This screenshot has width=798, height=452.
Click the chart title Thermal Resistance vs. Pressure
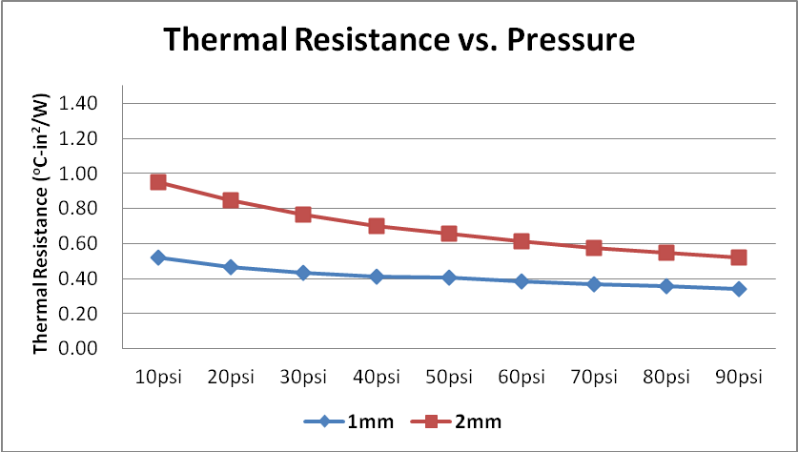[x=398, y=40]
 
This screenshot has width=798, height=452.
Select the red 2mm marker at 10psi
[x=158, y=182]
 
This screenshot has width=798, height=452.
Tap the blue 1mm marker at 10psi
[x=158, y=257]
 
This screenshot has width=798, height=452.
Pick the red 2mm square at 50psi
[x=448, y=234]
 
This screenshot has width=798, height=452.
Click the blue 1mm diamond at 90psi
[x=739, y=289]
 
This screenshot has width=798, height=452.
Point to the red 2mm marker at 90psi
[x=739, y=257]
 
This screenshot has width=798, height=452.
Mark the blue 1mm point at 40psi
[x=376, y=277]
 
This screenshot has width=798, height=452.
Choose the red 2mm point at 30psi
[x=303, y=215]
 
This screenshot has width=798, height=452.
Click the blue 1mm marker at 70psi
[x=594, y=284]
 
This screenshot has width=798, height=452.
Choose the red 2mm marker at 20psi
[x=231, y=200]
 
